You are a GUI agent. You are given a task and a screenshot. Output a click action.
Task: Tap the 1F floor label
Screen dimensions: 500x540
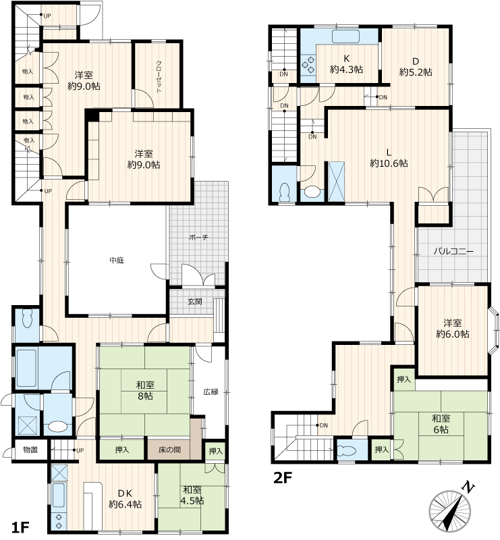click(x=20, y=528)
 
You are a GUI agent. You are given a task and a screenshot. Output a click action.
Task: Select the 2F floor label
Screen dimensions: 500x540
click(x=282, y=478)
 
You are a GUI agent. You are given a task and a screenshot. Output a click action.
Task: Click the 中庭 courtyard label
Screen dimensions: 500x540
click(x=117, y=261)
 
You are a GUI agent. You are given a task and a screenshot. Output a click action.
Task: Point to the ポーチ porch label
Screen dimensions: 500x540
click(x=198, y=238)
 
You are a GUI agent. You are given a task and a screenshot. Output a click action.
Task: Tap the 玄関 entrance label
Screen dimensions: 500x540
click(x=195, y=302)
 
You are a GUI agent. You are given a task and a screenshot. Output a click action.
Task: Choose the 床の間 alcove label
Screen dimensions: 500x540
click(x=170, y=450)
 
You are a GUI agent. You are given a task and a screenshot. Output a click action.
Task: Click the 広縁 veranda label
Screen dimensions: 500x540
click(x=211, y=391)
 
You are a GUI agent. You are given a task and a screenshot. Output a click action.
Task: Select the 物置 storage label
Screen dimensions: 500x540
click(x=30, y=450)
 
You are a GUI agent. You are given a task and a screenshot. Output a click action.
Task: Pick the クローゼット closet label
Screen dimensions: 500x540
click(x=159, y=77)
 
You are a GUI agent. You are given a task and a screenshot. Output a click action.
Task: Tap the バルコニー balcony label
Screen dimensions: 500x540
click(x=453, y=251)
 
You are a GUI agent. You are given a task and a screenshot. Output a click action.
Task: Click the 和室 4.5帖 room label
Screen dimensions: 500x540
click(x=192, y=495)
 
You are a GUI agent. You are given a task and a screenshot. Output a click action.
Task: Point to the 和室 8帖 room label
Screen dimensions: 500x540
click(x=145, y=391)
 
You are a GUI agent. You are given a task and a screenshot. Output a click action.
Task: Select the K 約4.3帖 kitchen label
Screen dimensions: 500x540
click(x=346, y=63)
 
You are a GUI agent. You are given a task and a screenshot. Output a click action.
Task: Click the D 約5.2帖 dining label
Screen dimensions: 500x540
click(x=416, y=67)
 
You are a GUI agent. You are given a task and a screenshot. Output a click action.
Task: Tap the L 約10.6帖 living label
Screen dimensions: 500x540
click(x=389, y=157)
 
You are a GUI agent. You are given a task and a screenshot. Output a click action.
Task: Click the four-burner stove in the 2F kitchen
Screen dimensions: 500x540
click(x=308, y=65)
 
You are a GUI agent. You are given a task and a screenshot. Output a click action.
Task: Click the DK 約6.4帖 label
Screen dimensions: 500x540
click(x=125, y=499)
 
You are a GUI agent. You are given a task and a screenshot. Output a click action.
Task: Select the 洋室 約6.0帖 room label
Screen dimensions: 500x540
click(x=453, y=328)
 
